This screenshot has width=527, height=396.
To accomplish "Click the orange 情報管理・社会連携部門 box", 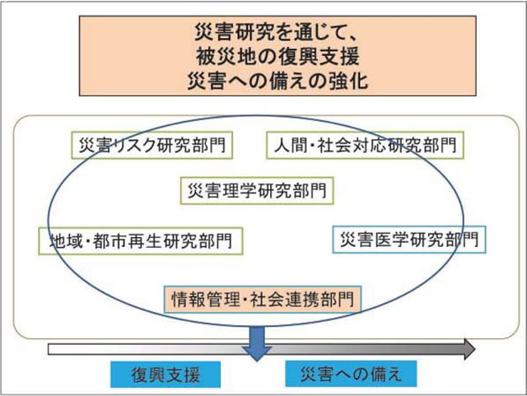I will [x=263, y=297].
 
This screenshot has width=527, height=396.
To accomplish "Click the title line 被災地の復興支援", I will [x=262, y=58].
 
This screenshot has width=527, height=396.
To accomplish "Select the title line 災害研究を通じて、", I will [x=262, y=35].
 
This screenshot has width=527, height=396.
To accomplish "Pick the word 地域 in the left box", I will [x=61, y=240].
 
